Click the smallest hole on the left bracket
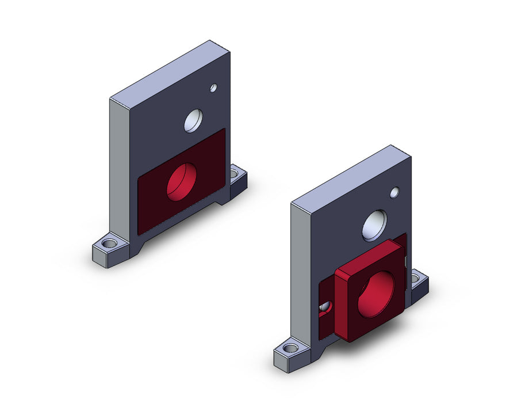click(x=213, y=88)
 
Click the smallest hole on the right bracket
click(x=394, y=193)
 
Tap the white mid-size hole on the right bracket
click(x=375, y=225)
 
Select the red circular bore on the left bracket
click(x=182, y=181)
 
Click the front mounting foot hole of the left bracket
click(x=109, y=244)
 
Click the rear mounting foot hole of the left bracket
click(x=234, y=172)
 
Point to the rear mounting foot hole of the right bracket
click(x=416, y=279)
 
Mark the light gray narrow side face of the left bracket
click(x=119, y=167)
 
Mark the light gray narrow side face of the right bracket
click(x=301, y=271)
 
